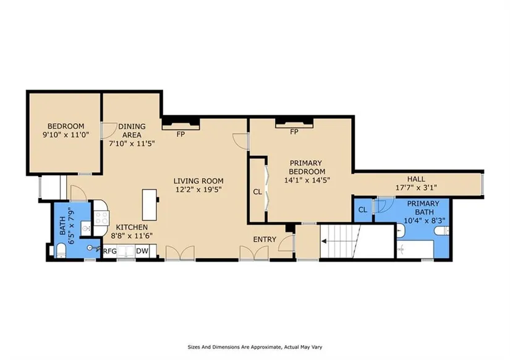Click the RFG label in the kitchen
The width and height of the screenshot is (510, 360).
[x=110, y=251]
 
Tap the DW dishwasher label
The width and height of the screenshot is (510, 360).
[x=142, y=251]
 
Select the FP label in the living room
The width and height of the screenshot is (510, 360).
[x=181, y=134]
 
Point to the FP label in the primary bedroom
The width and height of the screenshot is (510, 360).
[x=294, y=132]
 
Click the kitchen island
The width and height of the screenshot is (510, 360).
[x=150, y=205]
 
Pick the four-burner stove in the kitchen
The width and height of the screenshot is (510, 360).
[x=101, y=218]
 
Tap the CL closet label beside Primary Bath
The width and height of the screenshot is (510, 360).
[x=363, y=210]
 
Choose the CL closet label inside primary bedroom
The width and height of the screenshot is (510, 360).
[x=257, y=192]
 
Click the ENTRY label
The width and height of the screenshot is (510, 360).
[x=265, y=239]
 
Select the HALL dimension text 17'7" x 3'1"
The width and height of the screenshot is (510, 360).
[x=416, y=187]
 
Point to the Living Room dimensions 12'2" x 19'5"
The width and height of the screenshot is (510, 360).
[x=198, y=189]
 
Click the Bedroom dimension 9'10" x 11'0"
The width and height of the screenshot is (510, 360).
[x=66, y=134]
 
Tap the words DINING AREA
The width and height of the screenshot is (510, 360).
[x=132, y=131]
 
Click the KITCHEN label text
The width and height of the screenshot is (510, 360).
[x=132, y=227]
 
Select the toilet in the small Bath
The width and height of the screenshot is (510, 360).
[x=60, y=251]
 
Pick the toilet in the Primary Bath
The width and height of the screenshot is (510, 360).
[x=442, y=231]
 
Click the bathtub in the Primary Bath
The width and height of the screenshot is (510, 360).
[x=415, y=249]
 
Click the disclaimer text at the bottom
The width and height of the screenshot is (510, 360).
[x=255, y=347]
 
